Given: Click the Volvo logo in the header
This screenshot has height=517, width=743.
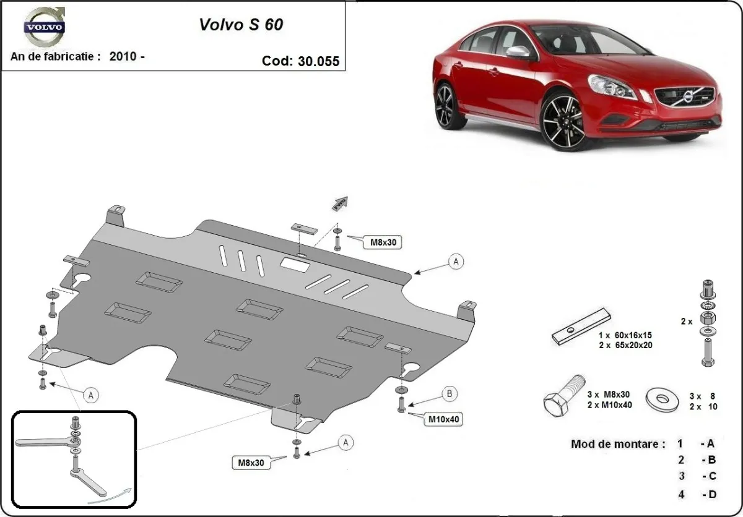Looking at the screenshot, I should point(43,28).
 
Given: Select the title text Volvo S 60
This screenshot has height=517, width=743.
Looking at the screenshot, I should point(241,24).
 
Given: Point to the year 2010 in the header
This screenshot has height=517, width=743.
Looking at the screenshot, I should point(124,56).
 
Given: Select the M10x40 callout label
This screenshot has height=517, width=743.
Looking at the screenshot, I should point(443,420).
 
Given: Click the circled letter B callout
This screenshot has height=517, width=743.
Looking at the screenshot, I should point(450,393).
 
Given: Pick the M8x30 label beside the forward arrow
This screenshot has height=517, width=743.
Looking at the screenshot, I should point(383,242).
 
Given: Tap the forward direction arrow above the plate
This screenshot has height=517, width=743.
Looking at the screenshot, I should point(340,203).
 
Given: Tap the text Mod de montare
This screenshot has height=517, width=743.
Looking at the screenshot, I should point(618,444).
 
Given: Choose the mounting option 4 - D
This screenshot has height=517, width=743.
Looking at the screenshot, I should point(696,494).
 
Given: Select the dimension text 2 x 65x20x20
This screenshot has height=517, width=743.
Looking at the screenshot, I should point(625,346).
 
